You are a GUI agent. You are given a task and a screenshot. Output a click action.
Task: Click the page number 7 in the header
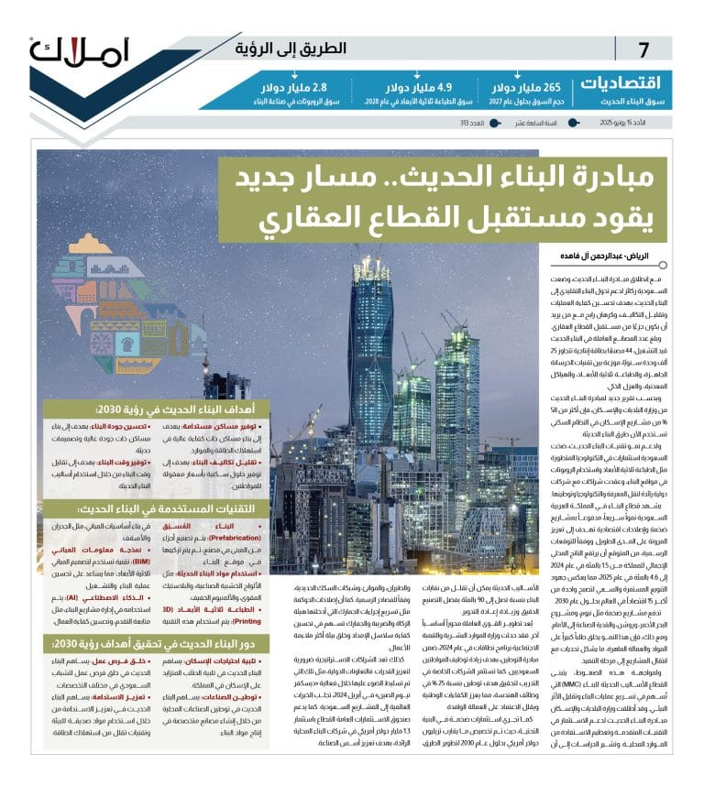point(643,49)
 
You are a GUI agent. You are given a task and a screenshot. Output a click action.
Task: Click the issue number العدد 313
point(473,122)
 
